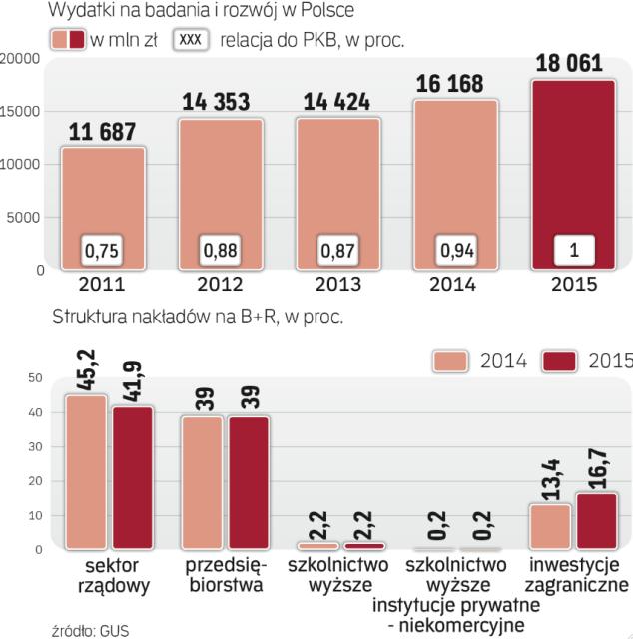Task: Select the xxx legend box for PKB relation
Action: tap(193, 41)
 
